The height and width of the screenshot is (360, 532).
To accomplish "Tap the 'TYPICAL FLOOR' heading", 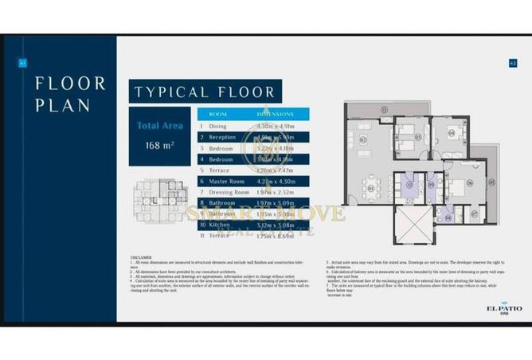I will [204, 92].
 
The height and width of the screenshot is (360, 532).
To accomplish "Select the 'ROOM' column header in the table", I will [218, 114].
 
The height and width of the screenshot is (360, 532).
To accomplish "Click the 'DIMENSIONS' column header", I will [275, 114].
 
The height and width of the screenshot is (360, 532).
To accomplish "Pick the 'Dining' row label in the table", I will [218, 126].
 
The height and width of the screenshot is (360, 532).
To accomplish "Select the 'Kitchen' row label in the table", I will [219, 225].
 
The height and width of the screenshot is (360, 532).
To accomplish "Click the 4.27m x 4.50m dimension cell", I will [275, 181].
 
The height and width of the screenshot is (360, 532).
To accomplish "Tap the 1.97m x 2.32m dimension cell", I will [275, 192].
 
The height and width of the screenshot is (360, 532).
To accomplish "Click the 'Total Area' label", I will [160, 125].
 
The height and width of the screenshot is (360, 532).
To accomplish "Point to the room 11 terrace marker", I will [382, 108].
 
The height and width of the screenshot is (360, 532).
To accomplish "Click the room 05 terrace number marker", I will [491, 182].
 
